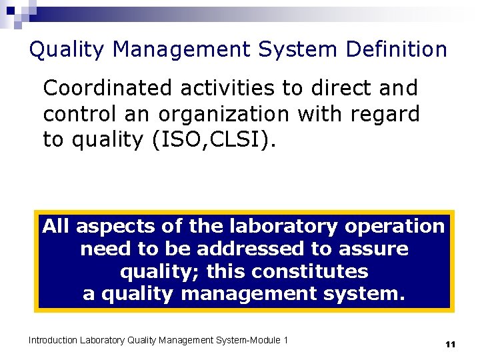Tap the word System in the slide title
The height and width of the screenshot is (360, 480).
[283, 49]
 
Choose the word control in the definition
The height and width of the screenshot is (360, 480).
[81, 114]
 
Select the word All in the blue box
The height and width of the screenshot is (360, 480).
[57, 227]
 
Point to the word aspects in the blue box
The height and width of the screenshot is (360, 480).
[116, 227]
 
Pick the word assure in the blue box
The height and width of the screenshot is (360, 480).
[375, 249]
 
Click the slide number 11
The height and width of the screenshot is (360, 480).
[450, 345]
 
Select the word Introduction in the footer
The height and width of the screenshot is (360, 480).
[53, 341]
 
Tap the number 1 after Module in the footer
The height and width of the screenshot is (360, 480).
[286, 341]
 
